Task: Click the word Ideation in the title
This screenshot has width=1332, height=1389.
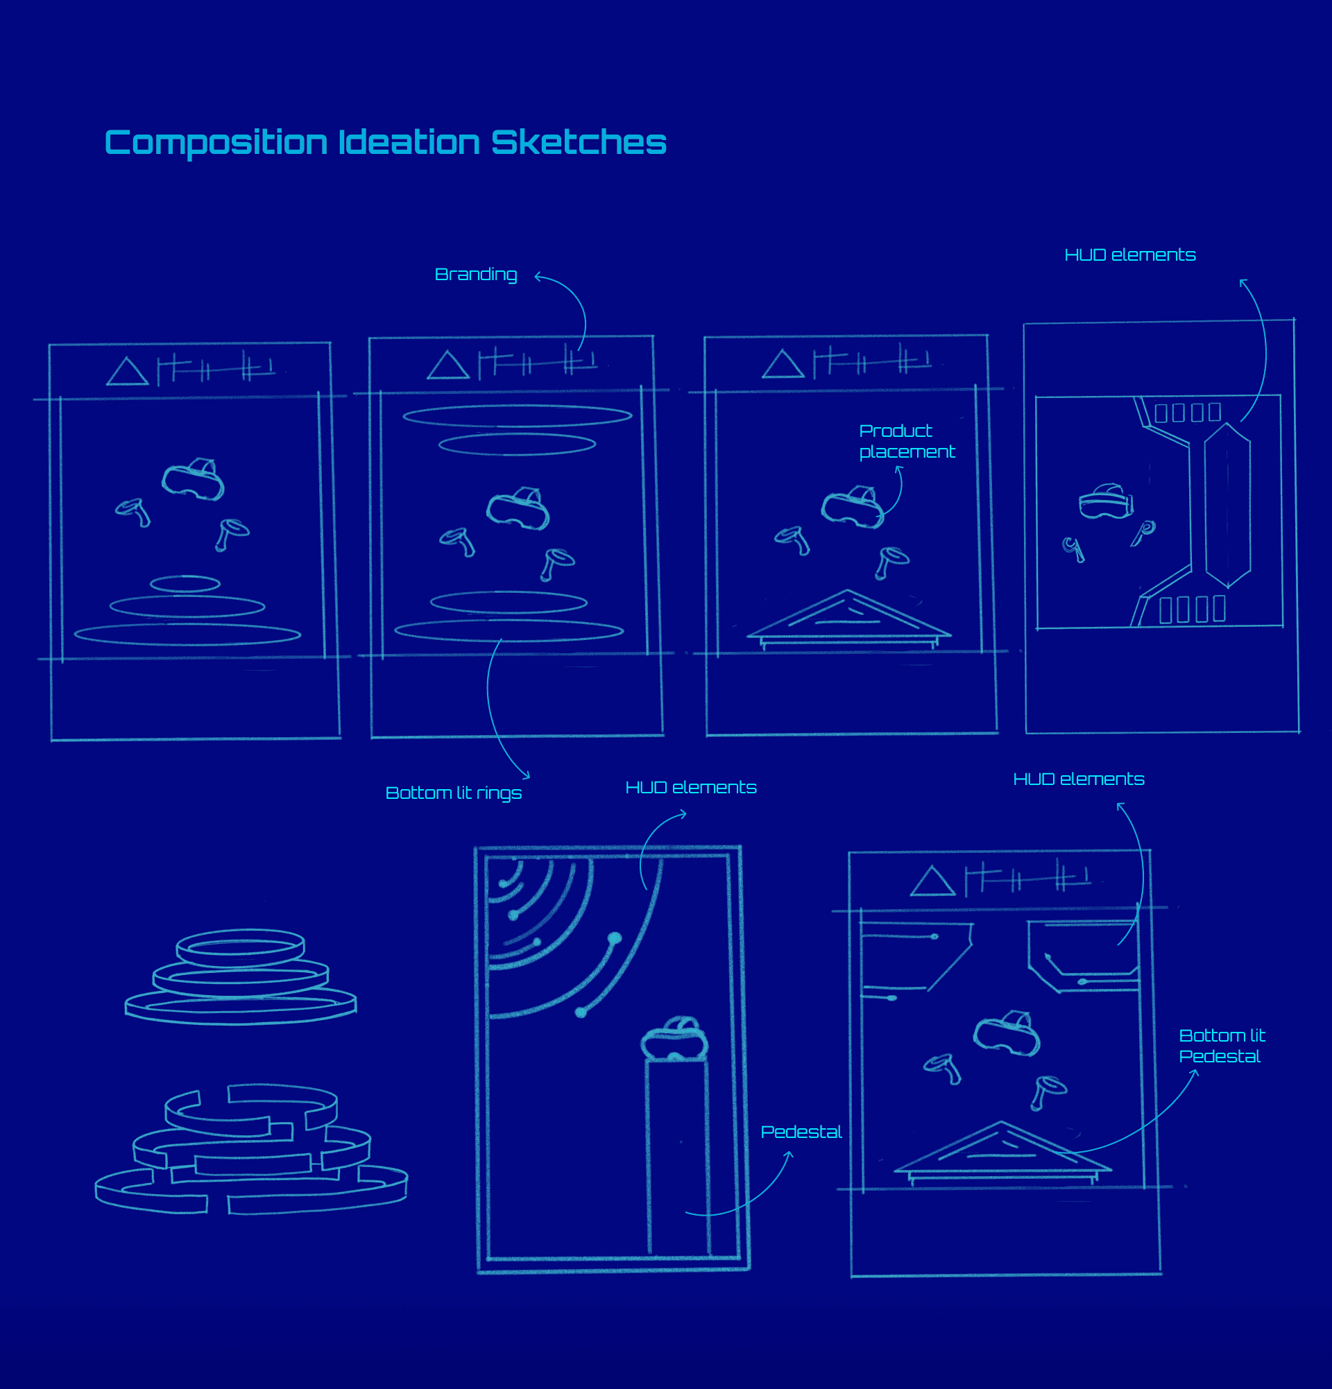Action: (409, 142)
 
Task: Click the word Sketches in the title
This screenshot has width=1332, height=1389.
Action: (579, 142)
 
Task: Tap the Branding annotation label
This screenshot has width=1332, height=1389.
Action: (476, 274)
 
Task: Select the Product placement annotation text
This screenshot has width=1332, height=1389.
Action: (906, 441)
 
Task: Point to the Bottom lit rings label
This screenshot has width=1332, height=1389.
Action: (453, 793)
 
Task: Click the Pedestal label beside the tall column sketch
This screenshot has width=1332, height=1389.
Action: (801, 1132)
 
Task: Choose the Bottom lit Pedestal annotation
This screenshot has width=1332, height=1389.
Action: (1222, 1046)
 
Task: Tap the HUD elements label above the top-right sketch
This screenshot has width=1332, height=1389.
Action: (1129, 255)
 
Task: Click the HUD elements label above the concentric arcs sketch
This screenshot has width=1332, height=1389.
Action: (690, 787)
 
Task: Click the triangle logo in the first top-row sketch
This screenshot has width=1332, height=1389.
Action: (127, 373)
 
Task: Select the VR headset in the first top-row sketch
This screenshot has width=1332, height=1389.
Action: (193, 479)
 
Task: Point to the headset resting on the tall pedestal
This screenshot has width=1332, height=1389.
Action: (674, 1039)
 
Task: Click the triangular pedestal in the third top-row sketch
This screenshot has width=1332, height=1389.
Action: (848, 618)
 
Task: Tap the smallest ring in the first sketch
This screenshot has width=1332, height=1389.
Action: (185, 583)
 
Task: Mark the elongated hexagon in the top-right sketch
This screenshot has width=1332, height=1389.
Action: (1227, 506)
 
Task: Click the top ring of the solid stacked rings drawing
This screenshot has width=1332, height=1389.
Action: (240, 947)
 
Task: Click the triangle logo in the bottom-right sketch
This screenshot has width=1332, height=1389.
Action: (932, 883)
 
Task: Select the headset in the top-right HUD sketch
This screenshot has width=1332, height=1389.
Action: (1105, 502)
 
